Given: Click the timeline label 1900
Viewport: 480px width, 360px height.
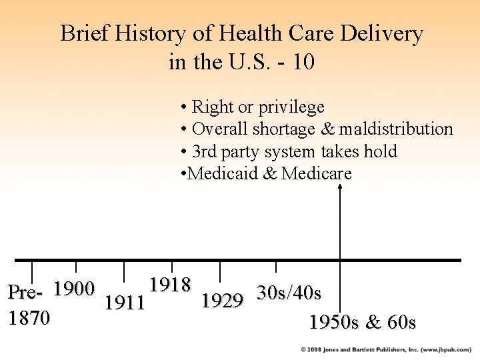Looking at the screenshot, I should pyautogui.click(x=73, y=289).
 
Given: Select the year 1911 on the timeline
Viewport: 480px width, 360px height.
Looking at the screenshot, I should pyautogui.click(x=125, y=303).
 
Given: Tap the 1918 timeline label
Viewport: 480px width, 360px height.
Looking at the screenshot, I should pyautogui.click(x=170, y=285).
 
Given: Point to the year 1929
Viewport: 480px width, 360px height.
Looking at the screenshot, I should pyautogui.click(x=222, y=301).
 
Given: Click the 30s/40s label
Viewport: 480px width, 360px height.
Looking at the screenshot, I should pyautogui.click(x=289, y=293).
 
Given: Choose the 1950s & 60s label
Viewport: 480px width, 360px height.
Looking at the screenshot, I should pyautogui.click(x=363, y=323).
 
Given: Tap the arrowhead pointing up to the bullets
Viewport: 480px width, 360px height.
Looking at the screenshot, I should pyautogui.click(x=340, y=187).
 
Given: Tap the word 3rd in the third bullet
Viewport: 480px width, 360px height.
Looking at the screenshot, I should pyautogui.click(x=204, y=151).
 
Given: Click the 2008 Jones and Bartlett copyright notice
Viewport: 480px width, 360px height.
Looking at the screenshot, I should pyautogui.click(x=386, y=349).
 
